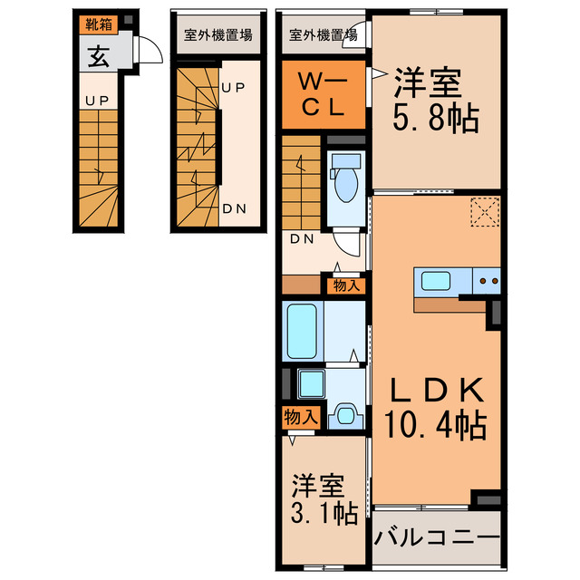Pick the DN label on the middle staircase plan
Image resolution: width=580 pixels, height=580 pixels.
pos(234,208)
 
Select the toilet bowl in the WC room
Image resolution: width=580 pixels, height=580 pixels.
pos(345,180)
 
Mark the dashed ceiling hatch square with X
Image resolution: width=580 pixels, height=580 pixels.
pos(485,213)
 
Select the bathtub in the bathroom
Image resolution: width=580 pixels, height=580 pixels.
pos(301,332)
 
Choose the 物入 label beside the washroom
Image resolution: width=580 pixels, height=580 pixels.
pos(301,418)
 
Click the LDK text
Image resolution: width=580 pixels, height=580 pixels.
pos(436,391)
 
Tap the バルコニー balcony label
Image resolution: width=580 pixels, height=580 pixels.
pos(436,536)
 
